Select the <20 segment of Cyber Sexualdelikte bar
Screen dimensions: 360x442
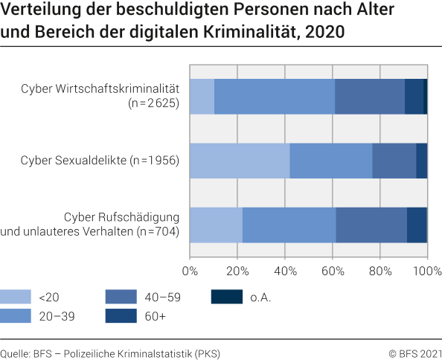click(x=240, y=160)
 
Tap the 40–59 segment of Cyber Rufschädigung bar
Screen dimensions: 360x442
click(x=371, y=225)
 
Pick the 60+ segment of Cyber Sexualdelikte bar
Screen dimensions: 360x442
click(x=421, y=160)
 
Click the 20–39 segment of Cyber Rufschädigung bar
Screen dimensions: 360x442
click(x=289, y=225)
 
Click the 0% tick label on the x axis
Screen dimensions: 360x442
click(x=190, y=270)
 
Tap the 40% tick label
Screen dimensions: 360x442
click(x=285, y=270)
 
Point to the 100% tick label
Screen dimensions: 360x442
click(x=427, y=270)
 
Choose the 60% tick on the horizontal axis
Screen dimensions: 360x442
click(x=333, y=270)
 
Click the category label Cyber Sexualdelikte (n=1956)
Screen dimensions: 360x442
click(x=100, y=160)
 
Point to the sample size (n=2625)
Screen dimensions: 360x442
click(x=154, y=103)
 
